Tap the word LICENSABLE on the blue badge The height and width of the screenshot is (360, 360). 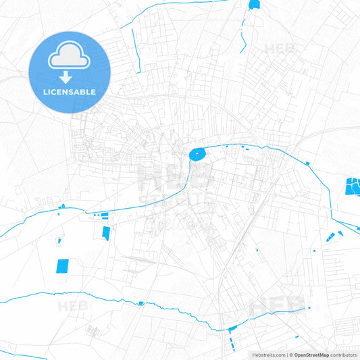70,92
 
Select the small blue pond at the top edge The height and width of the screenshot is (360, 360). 254,5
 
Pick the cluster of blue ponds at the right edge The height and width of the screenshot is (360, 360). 353,186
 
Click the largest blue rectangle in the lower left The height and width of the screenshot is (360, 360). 62,266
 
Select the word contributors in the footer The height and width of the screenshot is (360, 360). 343,354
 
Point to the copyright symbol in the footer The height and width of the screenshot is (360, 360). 290,354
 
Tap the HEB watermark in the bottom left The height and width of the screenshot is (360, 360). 73,307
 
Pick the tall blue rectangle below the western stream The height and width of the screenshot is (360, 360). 107,232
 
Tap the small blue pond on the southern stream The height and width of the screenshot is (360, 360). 140,303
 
